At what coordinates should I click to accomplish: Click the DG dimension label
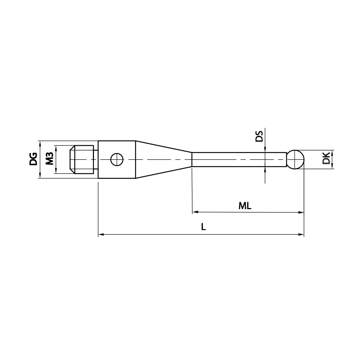tap(33, 159)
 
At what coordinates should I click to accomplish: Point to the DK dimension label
tap(326, 159)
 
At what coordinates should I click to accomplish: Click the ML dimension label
tap(245, 206)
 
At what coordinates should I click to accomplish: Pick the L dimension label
tap(204, 227)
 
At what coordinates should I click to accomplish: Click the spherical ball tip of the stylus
tap(296, 159)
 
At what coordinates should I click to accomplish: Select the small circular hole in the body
tap(117, 159)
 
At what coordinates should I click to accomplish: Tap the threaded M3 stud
tap(83, 159)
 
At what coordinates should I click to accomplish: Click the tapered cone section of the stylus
tap(162, 159)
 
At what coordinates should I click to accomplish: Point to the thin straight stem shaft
tap(238, 159)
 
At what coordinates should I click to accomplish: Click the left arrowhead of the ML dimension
tap(195, 212)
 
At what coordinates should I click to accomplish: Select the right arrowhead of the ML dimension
tap(301, 212)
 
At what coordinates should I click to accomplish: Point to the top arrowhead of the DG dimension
tap(40, 143)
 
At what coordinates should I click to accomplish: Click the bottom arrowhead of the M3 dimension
tap(56, 172)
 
